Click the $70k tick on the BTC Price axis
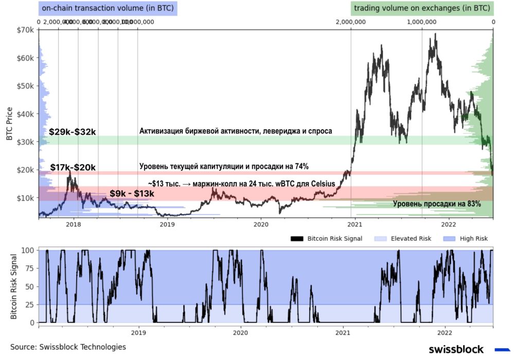click(27, 31)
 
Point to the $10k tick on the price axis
click(27, 198)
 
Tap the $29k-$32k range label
click(73, 132)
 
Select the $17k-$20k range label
click(73, 168)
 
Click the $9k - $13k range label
click(132, 194)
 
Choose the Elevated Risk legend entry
click(411, 239)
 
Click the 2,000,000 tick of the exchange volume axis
click(350, 22)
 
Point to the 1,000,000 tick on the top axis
click(421, 22)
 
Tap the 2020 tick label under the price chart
click(261, 224)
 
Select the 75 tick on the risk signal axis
click(29, 268)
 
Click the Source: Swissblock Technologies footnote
click(68, 347)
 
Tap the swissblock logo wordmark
click(456, 349)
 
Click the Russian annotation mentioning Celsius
click(241, 184)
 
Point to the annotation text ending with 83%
click(437, 204)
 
